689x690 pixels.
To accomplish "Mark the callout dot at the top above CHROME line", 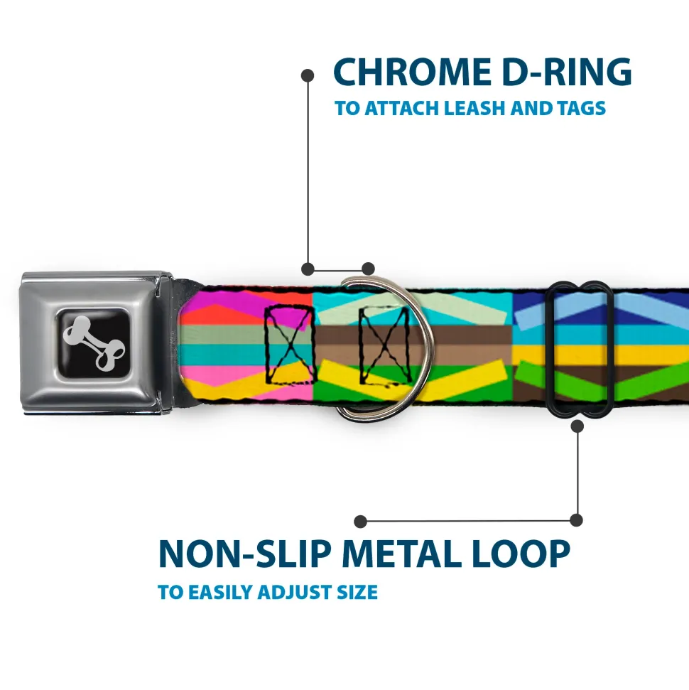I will pyautogui.click(x=308, y=75).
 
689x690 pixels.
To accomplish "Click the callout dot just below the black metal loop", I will pyautogui.click(x=577, y=426).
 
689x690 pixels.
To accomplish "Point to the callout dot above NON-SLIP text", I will pyautogui.click(x=361, y=522).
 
